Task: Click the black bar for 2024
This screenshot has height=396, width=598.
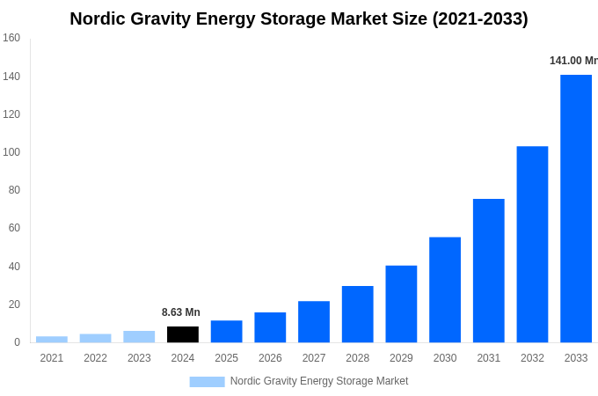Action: click(183, 334)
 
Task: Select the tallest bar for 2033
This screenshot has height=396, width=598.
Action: click(576, 209)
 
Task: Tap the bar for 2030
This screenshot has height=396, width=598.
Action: click(445, 290)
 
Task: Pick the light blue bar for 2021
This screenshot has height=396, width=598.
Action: click(52, 339)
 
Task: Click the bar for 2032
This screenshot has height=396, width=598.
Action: click(532, 244)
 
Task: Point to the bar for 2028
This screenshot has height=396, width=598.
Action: click(358, 314)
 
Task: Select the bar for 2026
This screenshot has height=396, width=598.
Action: click(270, 327)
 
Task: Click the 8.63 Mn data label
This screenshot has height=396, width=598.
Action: click(181, 312)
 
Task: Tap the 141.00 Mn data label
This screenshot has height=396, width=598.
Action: click(572, 61)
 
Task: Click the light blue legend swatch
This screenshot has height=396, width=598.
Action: click(207, 382)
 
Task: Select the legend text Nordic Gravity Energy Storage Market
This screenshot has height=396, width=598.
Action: click(319, 381)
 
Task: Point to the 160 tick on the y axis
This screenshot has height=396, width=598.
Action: click(11, 38)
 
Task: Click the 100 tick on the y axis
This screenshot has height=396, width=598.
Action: click(11, 152)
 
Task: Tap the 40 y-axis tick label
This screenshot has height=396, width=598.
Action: click(14, 267)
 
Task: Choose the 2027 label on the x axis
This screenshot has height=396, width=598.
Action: click(314, 358)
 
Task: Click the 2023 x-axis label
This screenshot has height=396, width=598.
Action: click(139, 358)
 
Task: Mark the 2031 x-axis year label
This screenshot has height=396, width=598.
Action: click(489, 358)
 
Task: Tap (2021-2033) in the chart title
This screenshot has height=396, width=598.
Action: click(480, 18)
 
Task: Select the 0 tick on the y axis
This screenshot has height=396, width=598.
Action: click(17, 342)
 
